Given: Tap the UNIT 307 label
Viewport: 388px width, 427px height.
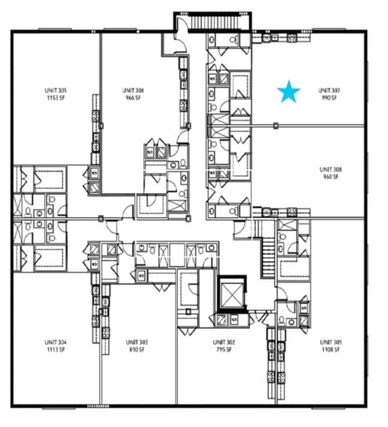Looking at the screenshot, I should pos(329,91).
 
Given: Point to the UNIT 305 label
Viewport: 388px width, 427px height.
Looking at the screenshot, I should pos(56,91).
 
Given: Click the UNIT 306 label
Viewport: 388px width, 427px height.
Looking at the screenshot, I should pos(134,91).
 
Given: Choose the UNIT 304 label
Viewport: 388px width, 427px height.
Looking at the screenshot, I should pos(56,341).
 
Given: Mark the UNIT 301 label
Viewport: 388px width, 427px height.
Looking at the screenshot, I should pos(331,341).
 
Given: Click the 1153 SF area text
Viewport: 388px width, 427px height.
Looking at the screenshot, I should pos(56,97).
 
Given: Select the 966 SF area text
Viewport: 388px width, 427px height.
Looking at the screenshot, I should pos(134,97).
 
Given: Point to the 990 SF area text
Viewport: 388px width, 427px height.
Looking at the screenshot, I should pos(329,97).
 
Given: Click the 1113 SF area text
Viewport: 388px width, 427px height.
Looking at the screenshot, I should pos(56,349).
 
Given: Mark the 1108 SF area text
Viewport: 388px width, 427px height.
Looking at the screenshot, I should pos(331,349).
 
